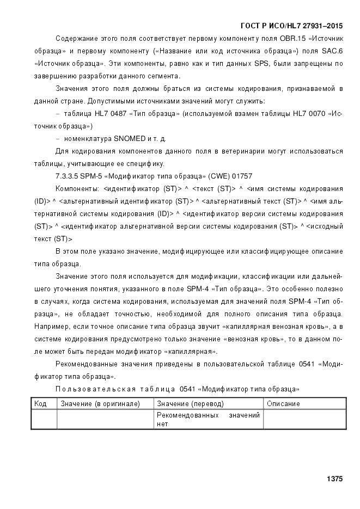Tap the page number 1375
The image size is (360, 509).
(334, 479)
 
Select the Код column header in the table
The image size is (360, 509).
(40, 404)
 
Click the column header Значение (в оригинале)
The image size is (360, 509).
(100, 404)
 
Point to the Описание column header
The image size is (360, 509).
(283, 404)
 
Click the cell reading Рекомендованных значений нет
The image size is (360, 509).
(208, 419)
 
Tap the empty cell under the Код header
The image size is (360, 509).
(44, 419)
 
